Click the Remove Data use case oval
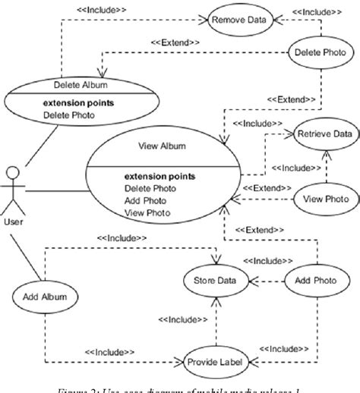click(x=239, y=20)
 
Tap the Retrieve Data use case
click(x=324, y=134)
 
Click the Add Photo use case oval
click(x=312, y=281)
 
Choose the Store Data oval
click(x=216, y=281)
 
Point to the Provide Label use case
click(x=215, y=362)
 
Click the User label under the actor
click(x=14, y=222)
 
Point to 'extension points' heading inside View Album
click(x=159, y=176)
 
